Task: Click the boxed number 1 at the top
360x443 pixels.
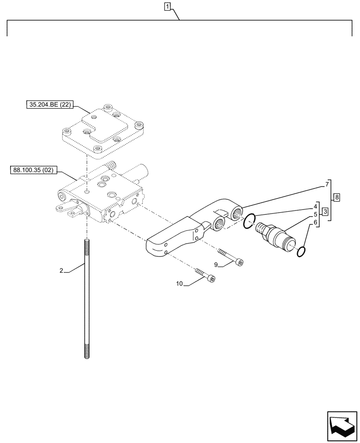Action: point(167,6)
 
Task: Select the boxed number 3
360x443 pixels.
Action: point(325,211)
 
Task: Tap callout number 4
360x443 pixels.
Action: point(315,206)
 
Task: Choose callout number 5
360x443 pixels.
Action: point(315,214)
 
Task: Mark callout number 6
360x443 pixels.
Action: point(315,223)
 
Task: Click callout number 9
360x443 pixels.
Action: point(216,264)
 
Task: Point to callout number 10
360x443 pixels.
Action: point(180,284)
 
